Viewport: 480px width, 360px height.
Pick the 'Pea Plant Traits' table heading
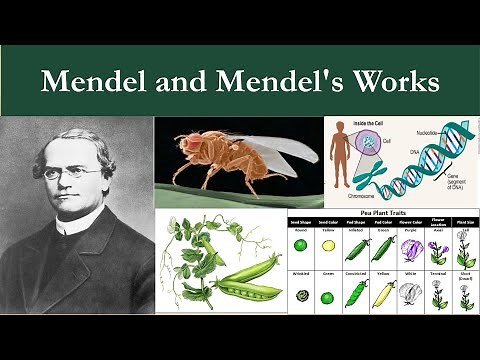pyautogui.click(x=382, y=215)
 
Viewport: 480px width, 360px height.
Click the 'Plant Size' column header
pyautogui.click(x=464, y=224)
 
